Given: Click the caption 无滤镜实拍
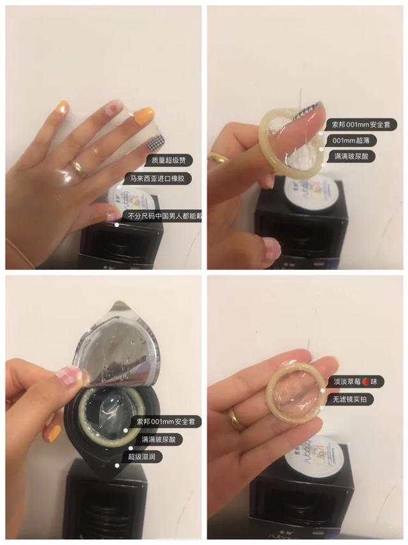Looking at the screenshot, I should (351, 400).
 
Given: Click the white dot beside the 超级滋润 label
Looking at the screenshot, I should (118, 467).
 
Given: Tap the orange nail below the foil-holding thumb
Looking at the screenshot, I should (54, 433).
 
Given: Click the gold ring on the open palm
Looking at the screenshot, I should (236, 418).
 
